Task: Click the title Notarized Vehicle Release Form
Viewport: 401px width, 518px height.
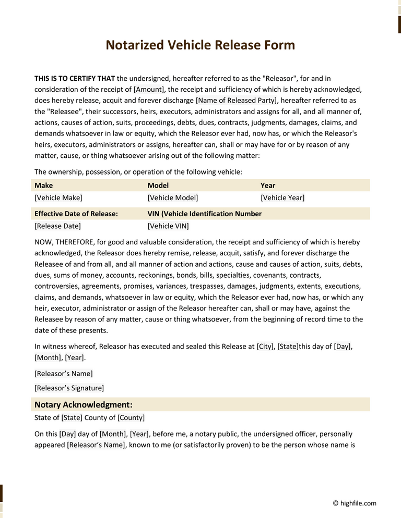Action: (x=200, y=45)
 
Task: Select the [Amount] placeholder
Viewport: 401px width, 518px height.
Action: (x=149, y=90)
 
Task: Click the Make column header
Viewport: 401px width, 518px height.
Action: (x=44, y=186)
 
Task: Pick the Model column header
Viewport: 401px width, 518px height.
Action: (x=158, y=186)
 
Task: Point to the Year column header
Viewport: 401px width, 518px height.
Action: (x=268, y=186)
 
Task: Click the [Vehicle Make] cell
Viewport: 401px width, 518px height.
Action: (x=58, y=198)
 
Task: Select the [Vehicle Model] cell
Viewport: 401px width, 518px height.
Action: (x=173, y=198)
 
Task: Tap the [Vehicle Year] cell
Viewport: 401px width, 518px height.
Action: (x=282, y=198)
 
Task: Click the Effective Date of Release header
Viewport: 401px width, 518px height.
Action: (x=76, y=214)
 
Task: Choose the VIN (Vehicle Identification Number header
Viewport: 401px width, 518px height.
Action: (x=205, y=214)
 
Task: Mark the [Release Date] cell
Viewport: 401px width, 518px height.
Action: (x=57, y=226)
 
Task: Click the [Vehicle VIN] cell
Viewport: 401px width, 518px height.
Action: (x=168, y=226)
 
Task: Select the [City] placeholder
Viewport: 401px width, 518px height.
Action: (x=265, y=347)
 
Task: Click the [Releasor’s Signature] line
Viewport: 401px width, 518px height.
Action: (x=69, y=388)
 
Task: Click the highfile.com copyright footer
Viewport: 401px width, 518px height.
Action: (x=355, y=503)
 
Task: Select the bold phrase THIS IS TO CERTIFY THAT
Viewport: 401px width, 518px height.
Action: (x=75, y=79)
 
